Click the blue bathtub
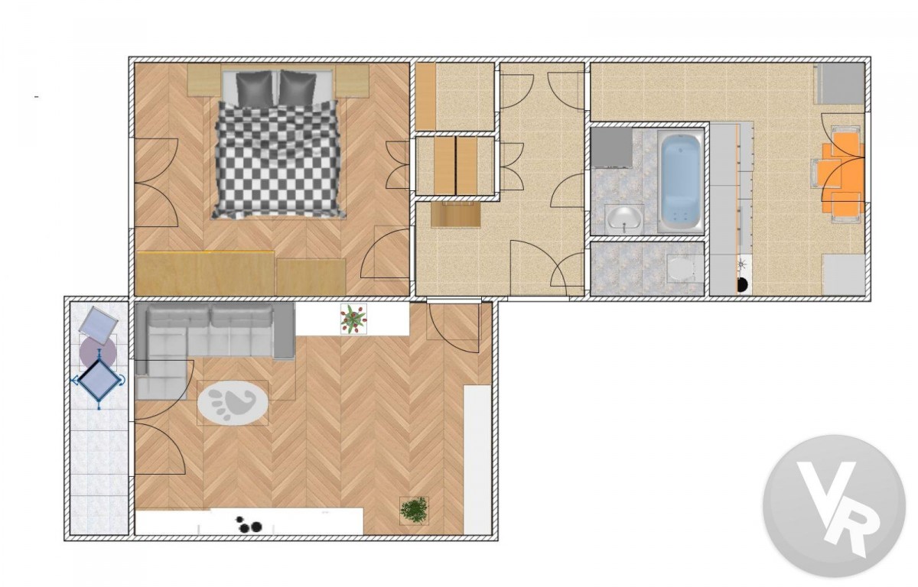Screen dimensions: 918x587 (681, 182)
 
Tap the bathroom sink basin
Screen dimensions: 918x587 (623, 220)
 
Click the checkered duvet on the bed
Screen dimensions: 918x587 (278, 159)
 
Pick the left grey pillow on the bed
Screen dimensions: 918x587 (254, 88)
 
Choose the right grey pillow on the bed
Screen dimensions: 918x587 (298, 88)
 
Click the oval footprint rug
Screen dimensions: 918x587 (233, 403)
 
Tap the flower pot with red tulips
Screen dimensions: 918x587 (353, 319)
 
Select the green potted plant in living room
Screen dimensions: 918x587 (415, 511)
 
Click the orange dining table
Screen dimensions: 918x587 (848, 175)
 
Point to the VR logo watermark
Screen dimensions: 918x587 (834, 506)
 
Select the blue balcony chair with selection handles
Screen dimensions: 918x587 (99, 381)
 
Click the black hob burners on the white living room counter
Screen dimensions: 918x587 (249, 524)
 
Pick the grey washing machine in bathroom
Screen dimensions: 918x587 (611, 148)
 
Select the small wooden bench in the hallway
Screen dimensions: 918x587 (456, 214)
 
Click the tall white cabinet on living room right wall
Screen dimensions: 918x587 (477, 459)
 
